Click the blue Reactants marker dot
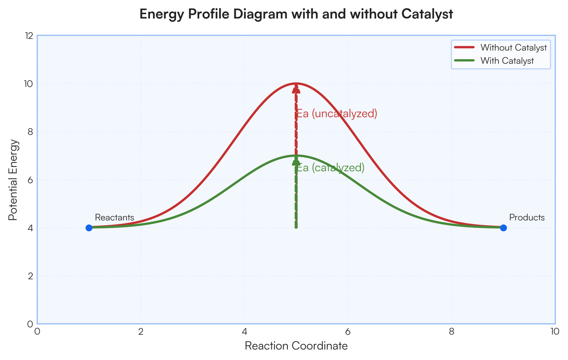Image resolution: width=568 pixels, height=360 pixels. click(89, 228)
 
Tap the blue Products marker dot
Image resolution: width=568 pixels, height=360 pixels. click(503, 228)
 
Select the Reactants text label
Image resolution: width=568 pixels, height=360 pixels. click(115, 218)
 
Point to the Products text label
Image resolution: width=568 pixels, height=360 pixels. click(527, 218)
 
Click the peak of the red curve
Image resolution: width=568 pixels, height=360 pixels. click(296, 83)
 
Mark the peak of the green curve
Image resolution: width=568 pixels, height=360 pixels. click(296, 156)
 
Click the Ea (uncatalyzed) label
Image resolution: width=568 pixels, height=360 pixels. click(337, 114)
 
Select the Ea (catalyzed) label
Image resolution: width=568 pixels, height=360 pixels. click(330, 168)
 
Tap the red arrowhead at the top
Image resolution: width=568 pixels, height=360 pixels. click(296, 88)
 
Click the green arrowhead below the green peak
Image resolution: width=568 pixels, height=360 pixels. click(296, 161)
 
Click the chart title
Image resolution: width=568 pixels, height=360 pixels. click(296, 15)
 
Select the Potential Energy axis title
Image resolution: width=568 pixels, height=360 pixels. click(14, 180)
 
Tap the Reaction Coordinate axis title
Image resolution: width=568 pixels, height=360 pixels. click(296, 346)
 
